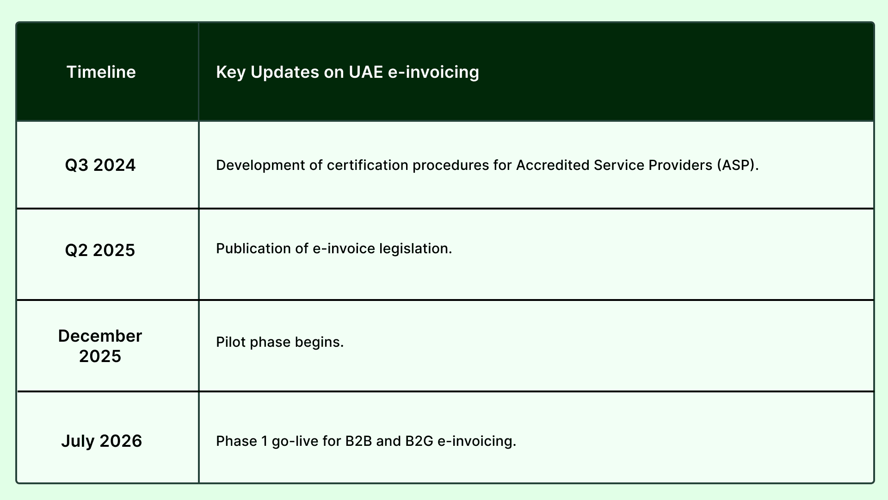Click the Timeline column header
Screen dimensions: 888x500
[x=101, y=72]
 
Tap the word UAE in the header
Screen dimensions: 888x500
[x=366, y=72]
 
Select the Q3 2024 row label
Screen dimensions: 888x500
[x=100, y=165]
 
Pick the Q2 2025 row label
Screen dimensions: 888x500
[x=100, y=250]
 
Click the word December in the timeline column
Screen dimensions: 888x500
[x=100, y=336]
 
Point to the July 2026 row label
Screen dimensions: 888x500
[x=101, y=441]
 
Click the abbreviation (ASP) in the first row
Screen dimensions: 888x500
[x=738, y=165]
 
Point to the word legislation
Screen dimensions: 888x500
[x=415, y=249]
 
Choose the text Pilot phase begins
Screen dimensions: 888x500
[x=280, y=342]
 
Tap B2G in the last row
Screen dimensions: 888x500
[x=419, y=441]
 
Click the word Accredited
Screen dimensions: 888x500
[x=553, y=165]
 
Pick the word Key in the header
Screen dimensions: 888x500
[x=231, y=72]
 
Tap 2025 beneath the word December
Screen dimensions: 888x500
[x=100, y=356]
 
